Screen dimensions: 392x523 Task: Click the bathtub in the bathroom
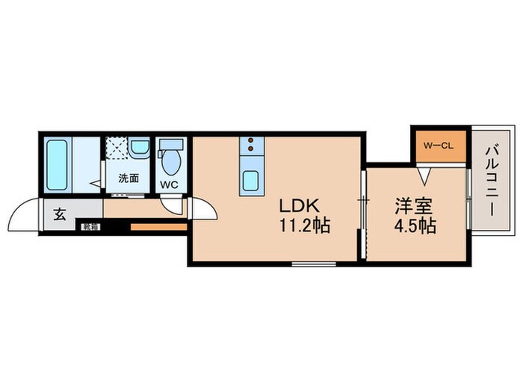(x=57, y=164)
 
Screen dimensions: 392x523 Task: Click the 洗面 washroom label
(x=130, y=178)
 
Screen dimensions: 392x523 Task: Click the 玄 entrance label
(x=59, y=217)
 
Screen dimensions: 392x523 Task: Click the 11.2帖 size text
(x=305, y=225)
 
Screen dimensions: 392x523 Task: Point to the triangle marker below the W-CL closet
(x=424, y=176)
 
